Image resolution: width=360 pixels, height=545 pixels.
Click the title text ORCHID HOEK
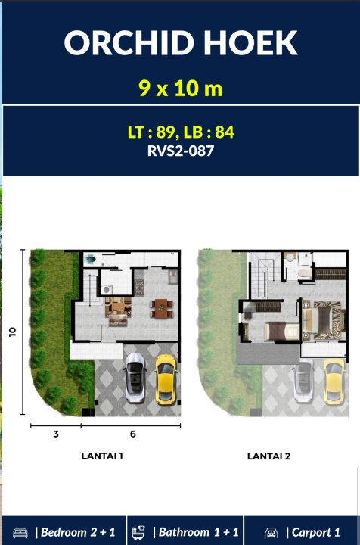point(181,42)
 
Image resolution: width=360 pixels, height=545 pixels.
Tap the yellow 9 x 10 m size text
point(181,89)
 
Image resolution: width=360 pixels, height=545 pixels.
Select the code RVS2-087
point(181,151)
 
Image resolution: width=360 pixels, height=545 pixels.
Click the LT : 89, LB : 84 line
point(181,132)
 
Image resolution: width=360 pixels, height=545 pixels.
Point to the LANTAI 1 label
point(102,456)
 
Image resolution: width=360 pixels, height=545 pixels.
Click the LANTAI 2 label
point(268,456)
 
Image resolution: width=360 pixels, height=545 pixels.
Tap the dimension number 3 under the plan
point(56,434)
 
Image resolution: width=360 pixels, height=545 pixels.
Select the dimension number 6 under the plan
point(133,434)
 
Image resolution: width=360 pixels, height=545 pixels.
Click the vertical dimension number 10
point(13,332)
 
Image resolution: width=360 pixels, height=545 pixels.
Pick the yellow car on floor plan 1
point(166,379)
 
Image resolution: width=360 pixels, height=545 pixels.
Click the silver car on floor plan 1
point(135,378)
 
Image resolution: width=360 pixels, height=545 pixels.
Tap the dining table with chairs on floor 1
point(161,309)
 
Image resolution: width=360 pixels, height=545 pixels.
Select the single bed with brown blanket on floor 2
point(281,332)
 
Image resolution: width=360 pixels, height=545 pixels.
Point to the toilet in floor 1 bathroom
point(90,259)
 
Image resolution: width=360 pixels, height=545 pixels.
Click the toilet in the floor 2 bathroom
point(305,272)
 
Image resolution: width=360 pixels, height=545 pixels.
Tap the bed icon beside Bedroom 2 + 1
point(20,533)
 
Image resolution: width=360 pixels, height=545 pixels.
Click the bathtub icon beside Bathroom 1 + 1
point(138,532)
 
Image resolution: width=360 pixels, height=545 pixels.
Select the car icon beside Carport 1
point(271,533)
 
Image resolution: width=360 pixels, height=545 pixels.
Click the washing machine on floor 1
point(107,289)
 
